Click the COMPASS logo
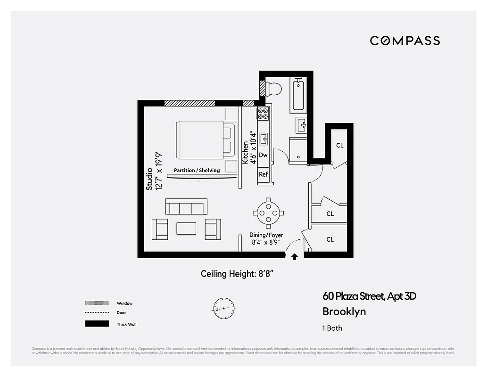(x=404, y=41)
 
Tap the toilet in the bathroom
(x=273, y=88)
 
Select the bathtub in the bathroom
(x=299, y=95)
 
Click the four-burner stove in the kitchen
(x=263, y=113)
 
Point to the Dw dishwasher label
(x=263, y=155)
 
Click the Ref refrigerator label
(x=263, y=174)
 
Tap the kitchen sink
(x=264, y=139)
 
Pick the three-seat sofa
(x=186, y=207)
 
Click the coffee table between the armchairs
(x=186, y=229)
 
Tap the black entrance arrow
(x=295, y=257)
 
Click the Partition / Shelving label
(x=197, y=170)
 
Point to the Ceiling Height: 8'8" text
(x=237, y=274)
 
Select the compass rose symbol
(x=223, y=309)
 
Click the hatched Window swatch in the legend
(x=96, y=303)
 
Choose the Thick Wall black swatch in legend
(x=96, y=324)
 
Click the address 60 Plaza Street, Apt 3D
(x=369, y=296)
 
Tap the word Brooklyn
(x=344, y=311)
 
